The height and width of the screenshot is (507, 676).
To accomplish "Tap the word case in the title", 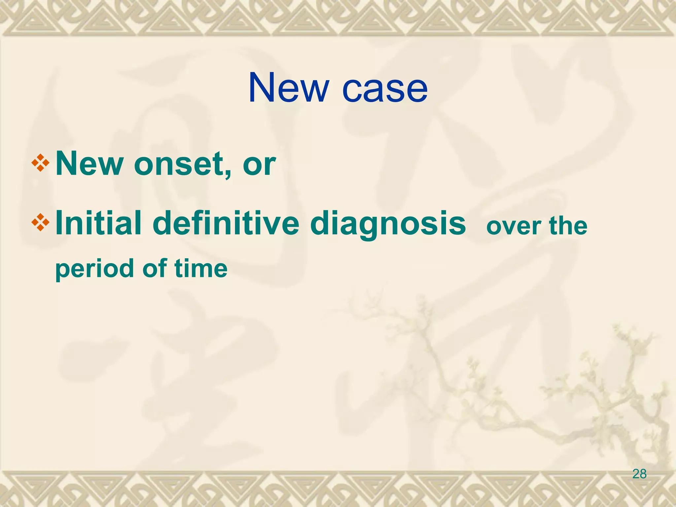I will [x=385, y=89].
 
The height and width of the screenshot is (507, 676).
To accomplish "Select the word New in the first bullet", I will [x=89, y=164].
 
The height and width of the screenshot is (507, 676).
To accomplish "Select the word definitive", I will [x=226, y=224].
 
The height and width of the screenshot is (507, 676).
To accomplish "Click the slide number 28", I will [x=639, y=474].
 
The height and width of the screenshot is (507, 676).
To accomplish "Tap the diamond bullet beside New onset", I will [x=40, y=163].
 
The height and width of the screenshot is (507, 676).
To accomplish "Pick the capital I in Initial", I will [x=59, y=223].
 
